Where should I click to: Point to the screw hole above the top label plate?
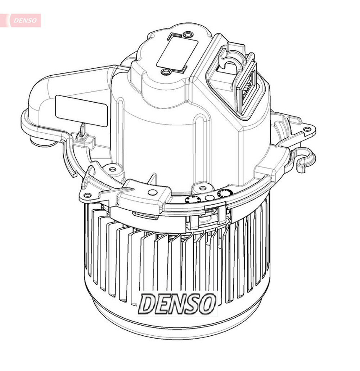click(187, 35)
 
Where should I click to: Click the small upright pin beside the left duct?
click(82, 130)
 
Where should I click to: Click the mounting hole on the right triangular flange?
click(307, 129)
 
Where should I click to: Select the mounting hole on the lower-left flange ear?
click(87, 196)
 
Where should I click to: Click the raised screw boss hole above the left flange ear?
click(112, 169)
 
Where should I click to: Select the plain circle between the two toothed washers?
click(209, 198)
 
